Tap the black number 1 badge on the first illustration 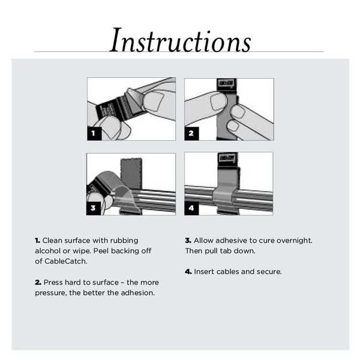coord(94,133)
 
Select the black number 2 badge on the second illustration coord(191,133)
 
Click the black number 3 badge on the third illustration coord(94,208)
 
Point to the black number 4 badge coord(191,208)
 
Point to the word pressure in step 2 coord(50,293)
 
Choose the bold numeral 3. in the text coord(188,240)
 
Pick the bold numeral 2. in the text coord(38,282)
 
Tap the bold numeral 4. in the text coord(188,271)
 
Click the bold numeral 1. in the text coord(37,240)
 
